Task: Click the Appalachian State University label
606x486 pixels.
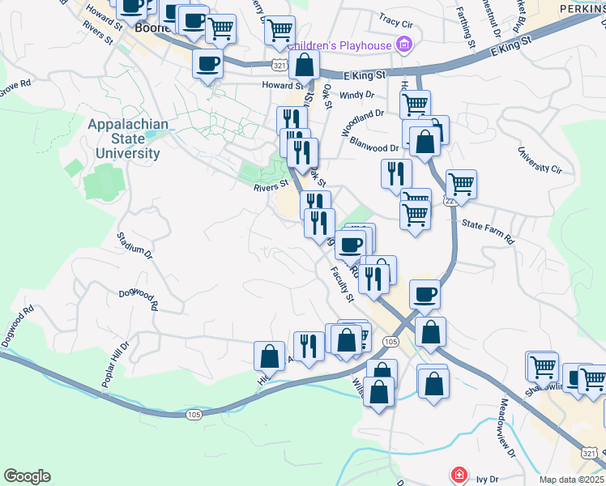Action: tap(127, 139)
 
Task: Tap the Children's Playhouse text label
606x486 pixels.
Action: tap(339, 45)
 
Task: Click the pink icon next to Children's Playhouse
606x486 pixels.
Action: tap(403, 45)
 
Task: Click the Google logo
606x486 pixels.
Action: tap(27, 476)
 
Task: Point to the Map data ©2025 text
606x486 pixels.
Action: tap(572, 480)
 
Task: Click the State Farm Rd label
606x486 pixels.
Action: tap(488, 232)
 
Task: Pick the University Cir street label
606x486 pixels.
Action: tap(540, 160)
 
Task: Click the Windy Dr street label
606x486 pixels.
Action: tap(357, 95)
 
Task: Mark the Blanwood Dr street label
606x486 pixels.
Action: tap(374, 147)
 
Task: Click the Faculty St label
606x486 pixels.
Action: tap(343, 284)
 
